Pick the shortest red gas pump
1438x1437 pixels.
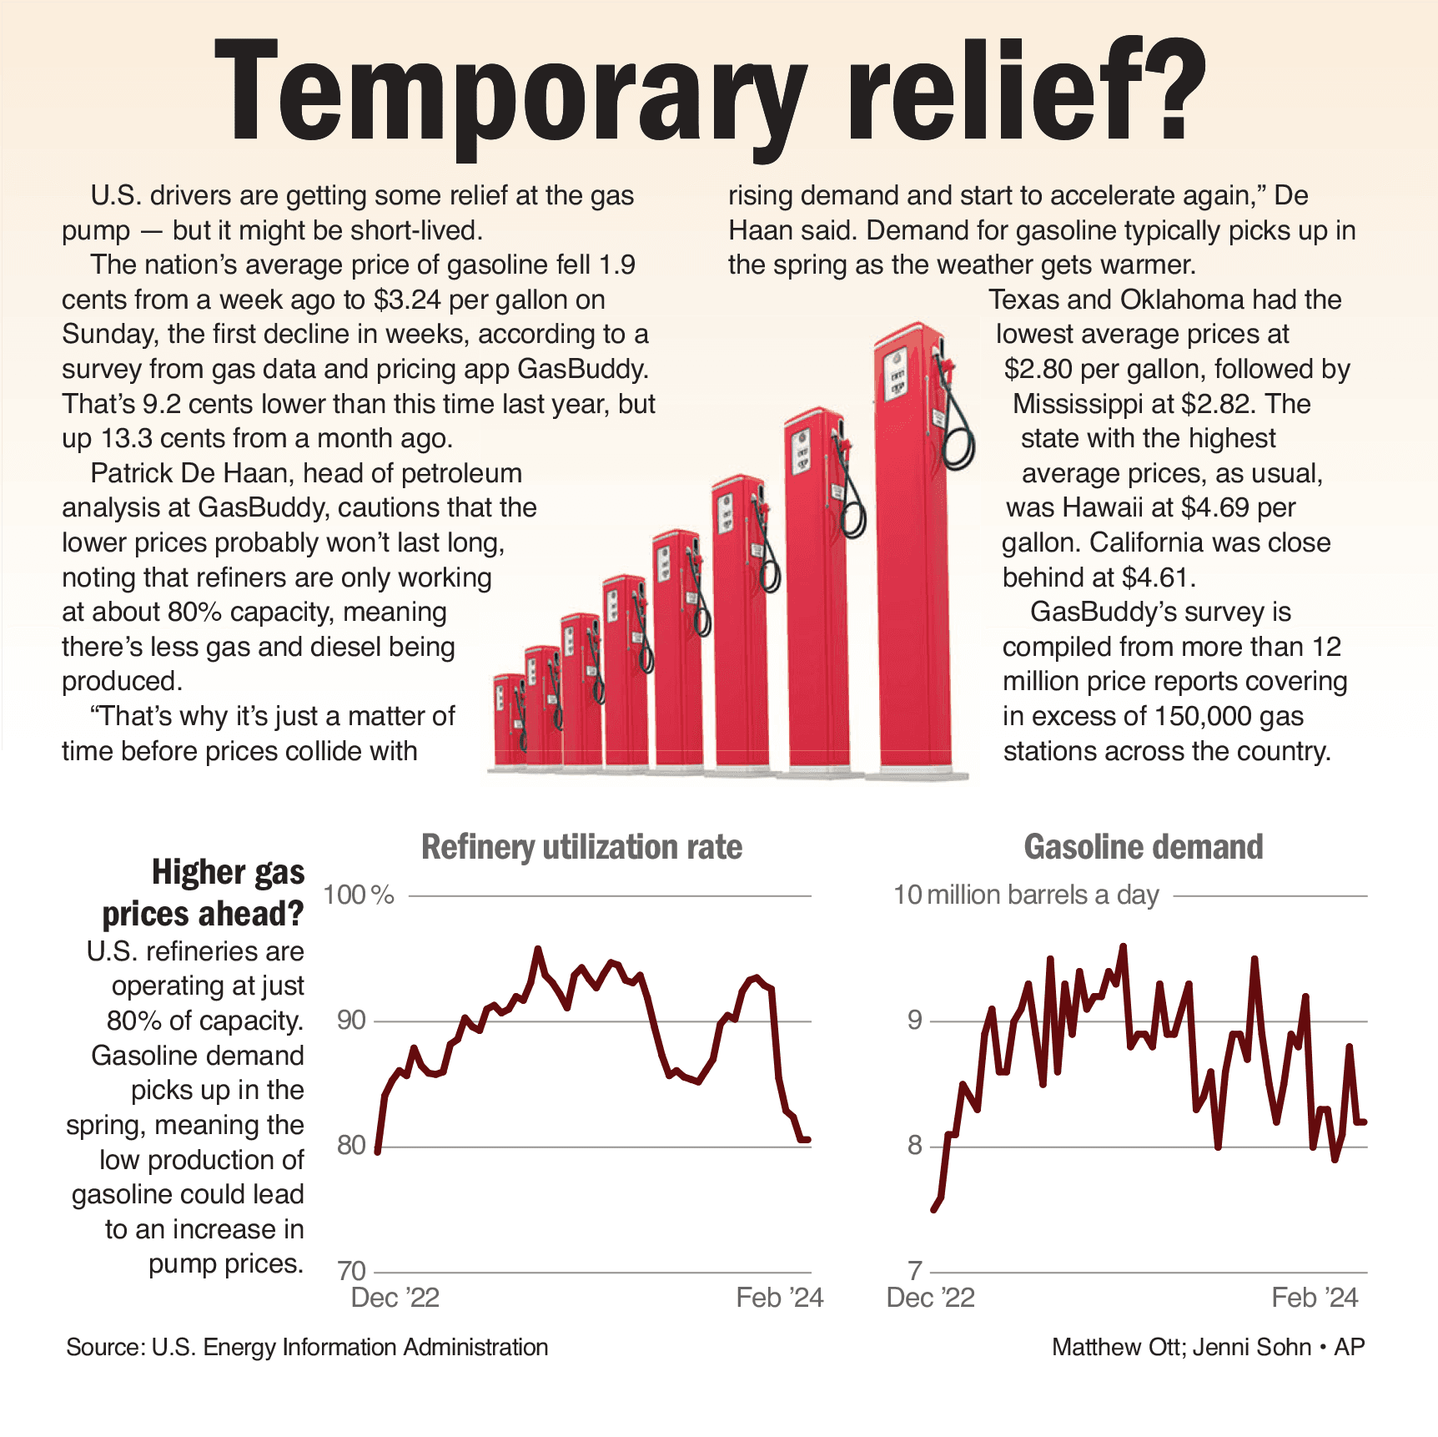tap(509, 722)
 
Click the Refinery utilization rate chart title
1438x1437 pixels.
tap(581, 847)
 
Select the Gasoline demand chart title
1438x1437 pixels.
tap(1143, 847)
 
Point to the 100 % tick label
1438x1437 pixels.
tap(358, 895)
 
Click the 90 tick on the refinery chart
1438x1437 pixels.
tap(351, 1020)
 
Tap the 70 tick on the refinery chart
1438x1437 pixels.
tap(351, 1271)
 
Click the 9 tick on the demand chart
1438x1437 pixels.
tap(915, 1020)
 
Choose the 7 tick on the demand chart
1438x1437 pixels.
tap(915, 1271)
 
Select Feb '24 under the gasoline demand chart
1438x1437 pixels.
tap(1315, 1298)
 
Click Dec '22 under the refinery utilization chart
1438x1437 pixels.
tap(395, 1298)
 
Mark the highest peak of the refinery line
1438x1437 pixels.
tap(537, 949)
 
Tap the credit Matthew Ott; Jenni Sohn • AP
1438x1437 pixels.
tap(1208, 1347)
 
